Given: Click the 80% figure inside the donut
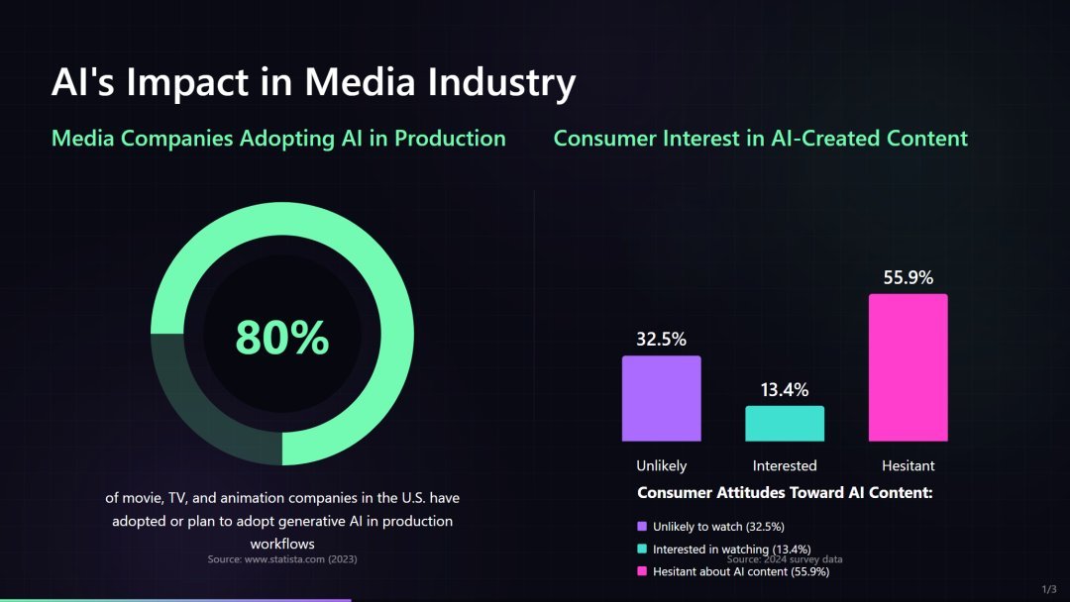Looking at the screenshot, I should coord(282,338).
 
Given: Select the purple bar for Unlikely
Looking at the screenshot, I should coord(661,398).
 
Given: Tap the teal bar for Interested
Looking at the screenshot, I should coord(785,424).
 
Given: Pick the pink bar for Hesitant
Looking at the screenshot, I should coord(908,367).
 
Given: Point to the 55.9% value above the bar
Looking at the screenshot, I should coord(908,278).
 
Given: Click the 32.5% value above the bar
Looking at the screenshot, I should coord(661,340).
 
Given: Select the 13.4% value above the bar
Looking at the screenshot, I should coord(785,390).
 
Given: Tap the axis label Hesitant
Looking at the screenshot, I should coord(908,465).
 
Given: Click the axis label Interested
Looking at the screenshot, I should coord(785,465).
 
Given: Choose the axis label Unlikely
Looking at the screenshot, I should coord(661,465).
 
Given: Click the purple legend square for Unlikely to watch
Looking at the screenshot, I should coord(642,527).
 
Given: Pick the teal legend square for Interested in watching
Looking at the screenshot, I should coord(642,550).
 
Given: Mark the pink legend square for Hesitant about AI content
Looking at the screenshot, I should coord(642,571).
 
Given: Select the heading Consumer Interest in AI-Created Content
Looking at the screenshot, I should coord(760,139).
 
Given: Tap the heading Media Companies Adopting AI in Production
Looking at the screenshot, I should coord(278,139).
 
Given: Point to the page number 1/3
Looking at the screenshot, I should coord(1049,589).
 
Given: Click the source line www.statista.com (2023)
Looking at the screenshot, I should coord(282,559).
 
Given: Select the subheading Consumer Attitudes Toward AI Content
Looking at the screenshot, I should coord(785,492).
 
